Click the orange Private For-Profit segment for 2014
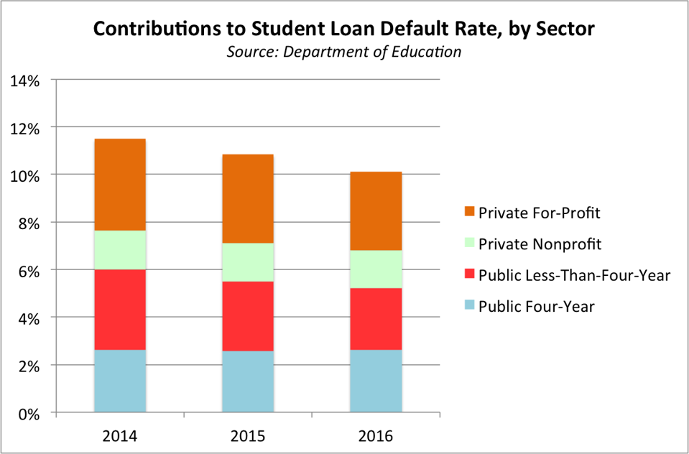point(119,185)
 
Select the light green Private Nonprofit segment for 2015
point(247,262)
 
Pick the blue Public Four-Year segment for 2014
point(119,381)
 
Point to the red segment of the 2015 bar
point(247,316)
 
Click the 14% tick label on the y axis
point(25,80)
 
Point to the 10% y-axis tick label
point(25,175)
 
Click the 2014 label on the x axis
point(120,435)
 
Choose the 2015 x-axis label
point(248,435)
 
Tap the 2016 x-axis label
point(375,435)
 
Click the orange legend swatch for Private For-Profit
point(470,213)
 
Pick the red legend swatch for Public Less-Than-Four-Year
point(470,275)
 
